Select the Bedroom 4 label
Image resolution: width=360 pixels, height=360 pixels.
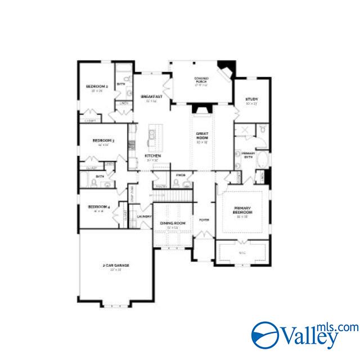[98, 207]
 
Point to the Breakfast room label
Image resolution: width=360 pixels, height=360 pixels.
[152, 96]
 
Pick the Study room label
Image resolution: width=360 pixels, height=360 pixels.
[251, 100]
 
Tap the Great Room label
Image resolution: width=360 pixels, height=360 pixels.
[202, 136]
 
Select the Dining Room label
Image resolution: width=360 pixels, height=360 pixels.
[172, 223]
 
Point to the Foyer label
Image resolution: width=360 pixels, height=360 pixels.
[204, 219]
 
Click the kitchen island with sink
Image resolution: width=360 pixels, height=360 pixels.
[151, 136]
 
